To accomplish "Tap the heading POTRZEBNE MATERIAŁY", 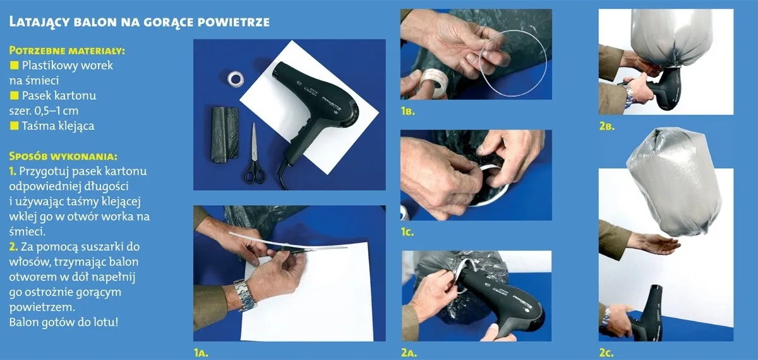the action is pyautogui.click(x=67, y=51).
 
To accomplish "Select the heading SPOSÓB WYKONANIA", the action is pyautogui.click(x=63, y=157).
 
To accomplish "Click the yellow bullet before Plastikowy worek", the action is pyautogui.click(x=14, y=65).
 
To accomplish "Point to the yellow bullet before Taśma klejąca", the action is pyautogui.click(x=14, y=126).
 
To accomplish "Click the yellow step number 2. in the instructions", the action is pyautogui.click(x=13, y=247).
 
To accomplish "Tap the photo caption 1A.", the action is pyautogui.click(x=201, y=353).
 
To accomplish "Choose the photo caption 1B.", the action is pyautogui.click(x=408, y=111).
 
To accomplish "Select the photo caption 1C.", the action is pyautogui.click(x=407, y=232).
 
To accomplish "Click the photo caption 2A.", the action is pyautogui.click(x=409, y=353).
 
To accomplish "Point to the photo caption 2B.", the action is pyautogui.click(x=607, y=126).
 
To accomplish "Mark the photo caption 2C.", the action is pyautogui.click(x=606, y=353).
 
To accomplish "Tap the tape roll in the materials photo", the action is pyautogui.click(x=236, y=78).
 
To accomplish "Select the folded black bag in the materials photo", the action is pyautogui.click(x=225, y=135).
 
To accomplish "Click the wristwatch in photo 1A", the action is pyautogui.click(x=244, y=295).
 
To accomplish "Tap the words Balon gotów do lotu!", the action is pyautogui.click(x=64, y=322).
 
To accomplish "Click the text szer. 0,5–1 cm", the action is pyautogui.click(x=44, y=111).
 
